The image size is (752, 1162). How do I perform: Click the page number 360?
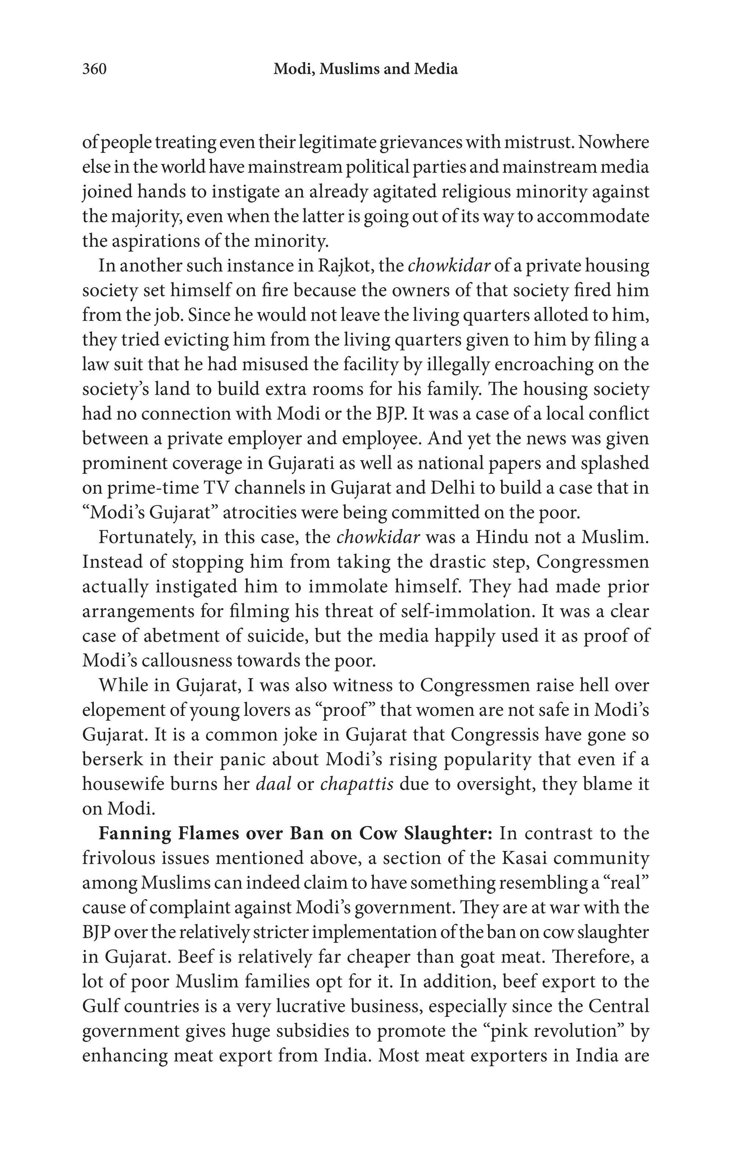(x=94, y=69)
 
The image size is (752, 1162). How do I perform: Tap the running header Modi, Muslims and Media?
(x=365, y=69)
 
